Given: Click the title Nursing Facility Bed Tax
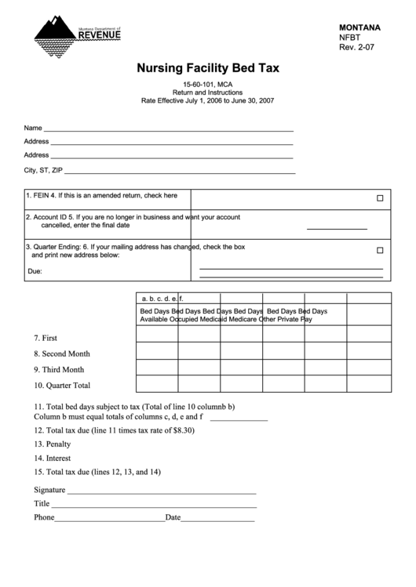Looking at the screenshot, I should coord(208,68).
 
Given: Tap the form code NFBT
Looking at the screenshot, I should coord(350,37).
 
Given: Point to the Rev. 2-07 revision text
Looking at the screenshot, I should coord(357,47).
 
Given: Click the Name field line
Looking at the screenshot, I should coord(168,128).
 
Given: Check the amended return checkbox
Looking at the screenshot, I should coord(380,198).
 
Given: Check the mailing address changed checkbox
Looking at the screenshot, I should coord(380,251).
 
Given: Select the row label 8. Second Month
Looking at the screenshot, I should coord(61,353).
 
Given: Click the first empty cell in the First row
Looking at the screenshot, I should coord(157,335).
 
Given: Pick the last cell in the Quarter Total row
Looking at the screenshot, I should coord(369,383).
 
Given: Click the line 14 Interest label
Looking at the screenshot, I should coord(52,458).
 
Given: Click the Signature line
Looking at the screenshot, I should coord(162,492).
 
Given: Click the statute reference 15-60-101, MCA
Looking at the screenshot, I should coord(208,84).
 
